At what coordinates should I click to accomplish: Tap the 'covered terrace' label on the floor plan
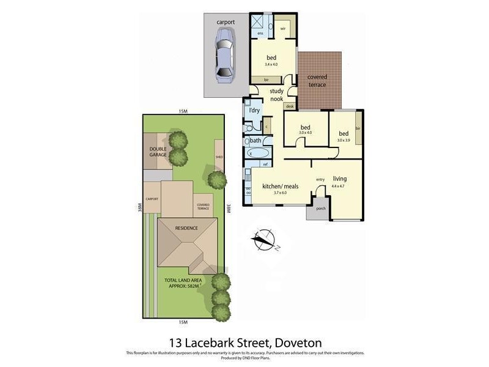[317, 81]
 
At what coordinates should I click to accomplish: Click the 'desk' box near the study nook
[289, 106]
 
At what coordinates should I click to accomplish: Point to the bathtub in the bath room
[256, 152]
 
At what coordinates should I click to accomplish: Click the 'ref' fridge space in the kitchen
[265, 164]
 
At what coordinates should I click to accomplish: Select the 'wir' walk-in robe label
[284, 29]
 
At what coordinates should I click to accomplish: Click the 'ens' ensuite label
[260, 33]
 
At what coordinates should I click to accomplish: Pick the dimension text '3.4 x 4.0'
[271, 64]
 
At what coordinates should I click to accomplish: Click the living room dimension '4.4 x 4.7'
[339, 185]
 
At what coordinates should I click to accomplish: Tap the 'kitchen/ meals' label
[280, 186]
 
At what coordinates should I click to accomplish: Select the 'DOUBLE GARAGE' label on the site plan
[158, 152]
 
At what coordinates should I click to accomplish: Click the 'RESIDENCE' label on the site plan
[186, 228]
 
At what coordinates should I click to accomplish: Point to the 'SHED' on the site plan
[219, 157]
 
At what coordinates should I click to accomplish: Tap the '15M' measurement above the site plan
[183, 111]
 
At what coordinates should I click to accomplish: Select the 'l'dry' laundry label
[254, 111]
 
